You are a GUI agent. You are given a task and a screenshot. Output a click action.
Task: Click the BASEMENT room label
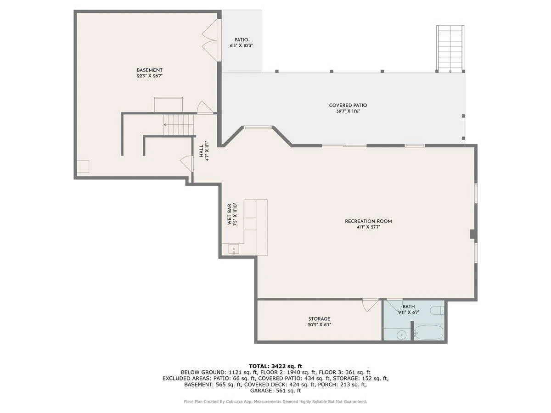pyautogui.click(x=149, y=70)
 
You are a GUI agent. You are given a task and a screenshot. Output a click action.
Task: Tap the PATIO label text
pyautogui.click(x=241, y=40)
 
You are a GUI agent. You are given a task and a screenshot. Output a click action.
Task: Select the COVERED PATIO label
pyautogui.click(x=348, y=106)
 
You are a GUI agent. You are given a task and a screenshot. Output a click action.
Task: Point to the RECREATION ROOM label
pyautogui.click(x=368, y=222)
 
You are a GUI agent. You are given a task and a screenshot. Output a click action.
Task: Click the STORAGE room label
pyautogui.click(x=319, y=319)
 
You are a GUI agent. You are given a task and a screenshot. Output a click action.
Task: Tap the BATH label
pyautogui.click(x=409, y=307)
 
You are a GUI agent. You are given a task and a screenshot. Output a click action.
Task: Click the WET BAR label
pyautogui.click(x=229, y=214)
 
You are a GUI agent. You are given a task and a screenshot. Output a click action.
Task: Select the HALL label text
pyautogui.click(x=201, y=151)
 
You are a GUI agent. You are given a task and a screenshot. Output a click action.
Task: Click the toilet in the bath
pyautogui.click(x=437, y=311)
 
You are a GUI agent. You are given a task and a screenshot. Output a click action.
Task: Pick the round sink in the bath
pyautogui.click(x=402, y=335)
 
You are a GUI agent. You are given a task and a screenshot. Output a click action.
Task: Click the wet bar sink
pyautogui.click(x=233, y=250)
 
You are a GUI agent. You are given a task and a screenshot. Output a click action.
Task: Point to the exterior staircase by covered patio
pyautogui.click(x=450, y=49)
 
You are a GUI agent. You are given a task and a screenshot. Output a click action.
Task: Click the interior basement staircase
pyautogui.click(x=179, y=125)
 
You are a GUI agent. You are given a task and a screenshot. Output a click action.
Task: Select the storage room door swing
pyautogui.click(x=370, y=305)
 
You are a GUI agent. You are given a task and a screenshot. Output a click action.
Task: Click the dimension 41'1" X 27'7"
pyautogui.click(x=368, y=228)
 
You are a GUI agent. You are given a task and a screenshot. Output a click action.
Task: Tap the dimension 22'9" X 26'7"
pyautogui.click(x=150, y=76)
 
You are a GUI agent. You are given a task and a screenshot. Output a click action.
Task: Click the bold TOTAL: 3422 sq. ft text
pyautogui.click(x=275, y=366)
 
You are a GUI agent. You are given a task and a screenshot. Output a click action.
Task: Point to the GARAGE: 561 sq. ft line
pyautogui.click(x=275, y=391)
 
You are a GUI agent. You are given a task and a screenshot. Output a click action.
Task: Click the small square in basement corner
pyautogui.click(x=83, y=167)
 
